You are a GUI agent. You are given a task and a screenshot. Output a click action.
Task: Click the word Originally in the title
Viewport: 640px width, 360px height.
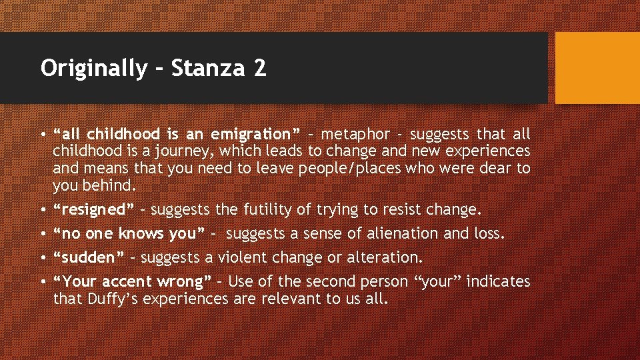[x=92, y=69]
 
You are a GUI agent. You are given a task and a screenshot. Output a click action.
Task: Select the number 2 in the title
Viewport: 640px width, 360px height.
[x=260, y=69]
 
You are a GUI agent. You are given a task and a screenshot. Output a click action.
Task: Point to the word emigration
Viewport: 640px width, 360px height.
[x=256, y=135]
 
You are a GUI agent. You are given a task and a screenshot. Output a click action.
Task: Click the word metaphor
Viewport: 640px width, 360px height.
[x=355, y=135]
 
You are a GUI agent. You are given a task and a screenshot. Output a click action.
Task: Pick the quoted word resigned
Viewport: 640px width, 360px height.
[x=93, y=210]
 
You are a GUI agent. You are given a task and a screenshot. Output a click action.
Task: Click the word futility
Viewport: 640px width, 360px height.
[x=265, y=210]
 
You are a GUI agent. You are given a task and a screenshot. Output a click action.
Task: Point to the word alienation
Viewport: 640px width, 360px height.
[x=397, y=233]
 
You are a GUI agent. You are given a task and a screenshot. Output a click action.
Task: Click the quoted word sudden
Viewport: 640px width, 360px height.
[x=89, y=257]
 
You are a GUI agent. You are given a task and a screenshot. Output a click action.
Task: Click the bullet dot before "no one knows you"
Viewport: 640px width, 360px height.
[x=43, y=234]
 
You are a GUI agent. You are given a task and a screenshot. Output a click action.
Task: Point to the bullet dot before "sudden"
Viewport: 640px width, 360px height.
[x=43, y=258]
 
